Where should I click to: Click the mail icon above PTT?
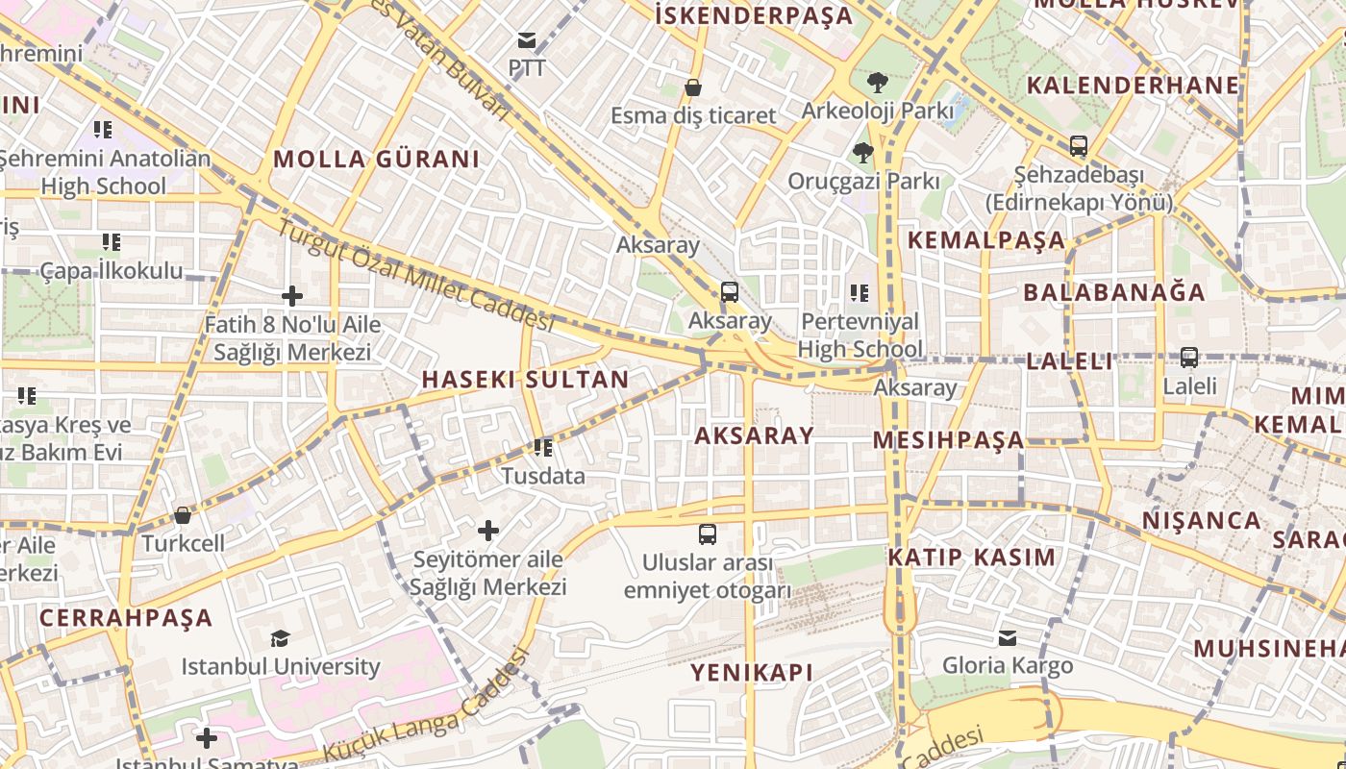(526, 40)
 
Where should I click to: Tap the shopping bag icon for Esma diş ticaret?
(692, 88)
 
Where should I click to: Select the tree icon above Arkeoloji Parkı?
(877, 83)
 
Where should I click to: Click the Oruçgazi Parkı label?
(863, 181)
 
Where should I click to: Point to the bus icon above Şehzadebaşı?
(1079, 147)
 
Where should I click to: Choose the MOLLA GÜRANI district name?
(376, 159)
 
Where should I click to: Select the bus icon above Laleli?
(1189, 358)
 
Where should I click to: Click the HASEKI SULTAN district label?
(525, 380)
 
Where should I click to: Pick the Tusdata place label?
(542, 476)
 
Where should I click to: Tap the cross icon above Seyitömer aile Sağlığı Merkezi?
(488, 531)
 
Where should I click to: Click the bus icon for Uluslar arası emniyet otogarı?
(708, 534)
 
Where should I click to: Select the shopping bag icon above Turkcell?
(183, 516)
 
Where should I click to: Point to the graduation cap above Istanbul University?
(280, 638)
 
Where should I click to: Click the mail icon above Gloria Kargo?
(1007, 638)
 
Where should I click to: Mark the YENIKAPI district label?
(752, 673)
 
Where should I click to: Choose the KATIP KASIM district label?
(971, 558)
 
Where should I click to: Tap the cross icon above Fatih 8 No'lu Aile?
(292, 296)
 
